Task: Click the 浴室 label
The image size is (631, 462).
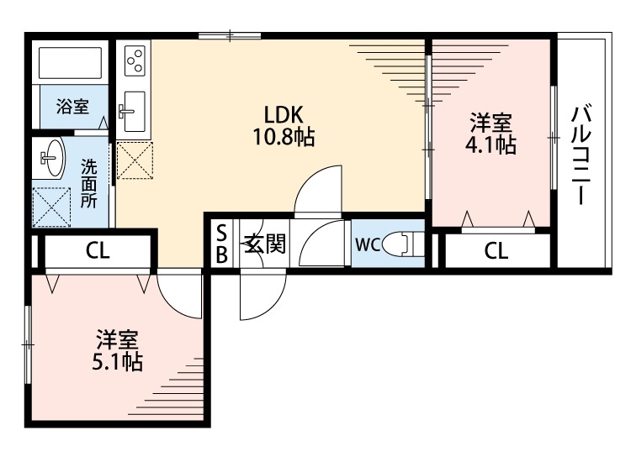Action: coord(72,107)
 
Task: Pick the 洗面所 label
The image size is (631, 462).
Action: coord(88,183)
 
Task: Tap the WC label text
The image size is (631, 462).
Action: coord(368,244)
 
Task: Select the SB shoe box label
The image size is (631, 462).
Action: coord(221,244)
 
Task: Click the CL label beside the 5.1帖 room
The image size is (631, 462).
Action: coord(97,249)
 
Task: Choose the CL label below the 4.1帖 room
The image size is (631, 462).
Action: coord(496,249)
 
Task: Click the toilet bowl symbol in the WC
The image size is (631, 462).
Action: coord(400,244)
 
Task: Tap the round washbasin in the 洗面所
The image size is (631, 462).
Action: coord(52,158)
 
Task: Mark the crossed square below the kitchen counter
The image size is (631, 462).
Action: coord(135,160)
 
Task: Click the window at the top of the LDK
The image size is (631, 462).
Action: coord(230,35)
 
